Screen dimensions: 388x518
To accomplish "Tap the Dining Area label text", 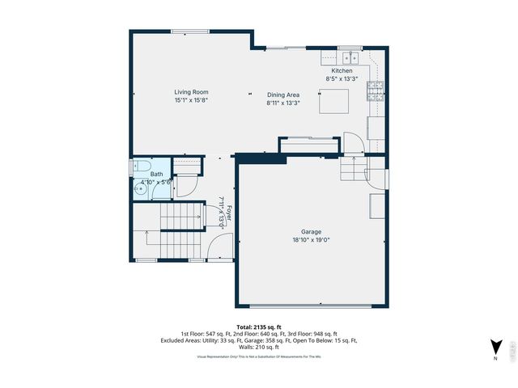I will click(x=282, y=95).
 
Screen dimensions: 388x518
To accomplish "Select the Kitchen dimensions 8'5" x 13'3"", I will click(x=339, y=79).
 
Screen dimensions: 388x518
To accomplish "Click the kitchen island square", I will click(x=333, y=103).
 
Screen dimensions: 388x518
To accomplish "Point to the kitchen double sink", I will click(x=350, y=58).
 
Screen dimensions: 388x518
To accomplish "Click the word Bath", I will click(x=155, y=174).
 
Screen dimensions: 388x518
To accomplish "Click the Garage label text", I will click(x=312, y=231).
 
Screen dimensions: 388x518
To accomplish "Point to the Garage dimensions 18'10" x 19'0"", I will click(x=312, y=240).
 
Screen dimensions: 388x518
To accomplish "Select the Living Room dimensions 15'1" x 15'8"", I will click(x=192, y=100).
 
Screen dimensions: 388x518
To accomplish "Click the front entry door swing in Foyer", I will click(x=223, y=246).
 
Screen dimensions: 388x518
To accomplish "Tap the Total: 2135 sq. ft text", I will click(x=258, y=327).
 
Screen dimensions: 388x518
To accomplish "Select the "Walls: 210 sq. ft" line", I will click(x=258, y=348).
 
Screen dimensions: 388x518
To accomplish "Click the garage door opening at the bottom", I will click(x=312, y=306).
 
